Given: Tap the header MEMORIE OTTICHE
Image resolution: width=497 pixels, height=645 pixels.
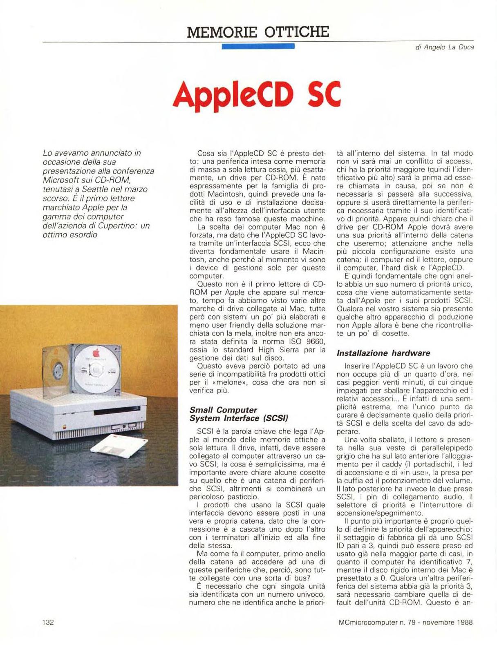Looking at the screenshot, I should pyautogui.click(x=257, y=31).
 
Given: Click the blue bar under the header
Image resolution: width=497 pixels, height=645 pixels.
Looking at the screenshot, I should pyautogui.click(x=258, y=46).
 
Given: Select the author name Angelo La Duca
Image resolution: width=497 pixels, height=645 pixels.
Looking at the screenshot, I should pyautogui.click(x=449, y=47).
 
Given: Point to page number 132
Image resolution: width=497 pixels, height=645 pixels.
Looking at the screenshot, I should pyautogui.click(x=48, y=622).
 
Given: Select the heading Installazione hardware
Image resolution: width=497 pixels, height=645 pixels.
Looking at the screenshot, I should pyautogui.click(x=383, y=353).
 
